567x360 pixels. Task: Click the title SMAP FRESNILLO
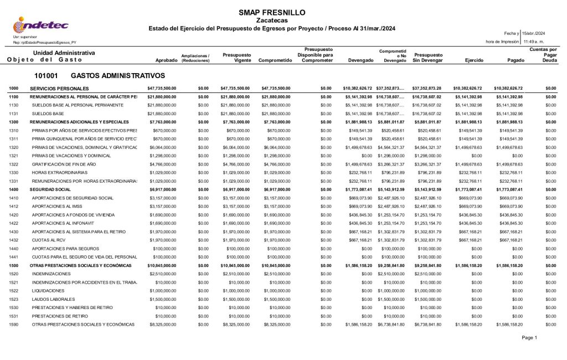[x=271, y=12]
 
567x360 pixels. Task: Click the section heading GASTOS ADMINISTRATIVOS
[x=117, y=75]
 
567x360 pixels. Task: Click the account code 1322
[x=14, y=164]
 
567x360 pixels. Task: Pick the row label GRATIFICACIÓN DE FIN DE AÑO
[x=64, y=164]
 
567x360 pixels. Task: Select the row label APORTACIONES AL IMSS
[x=58, y=206]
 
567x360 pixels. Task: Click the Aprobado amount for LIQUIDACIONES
[x=162, y=291]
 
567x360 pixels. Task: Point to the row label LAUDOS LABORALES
[x=54, y=299]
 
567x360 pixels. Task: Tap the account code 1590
[x=14, y=325]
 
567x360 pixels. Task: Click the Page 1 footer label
[x=529, y=337]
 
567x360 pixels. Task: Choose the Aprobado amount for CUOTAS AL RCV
[x=162, y=240]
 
